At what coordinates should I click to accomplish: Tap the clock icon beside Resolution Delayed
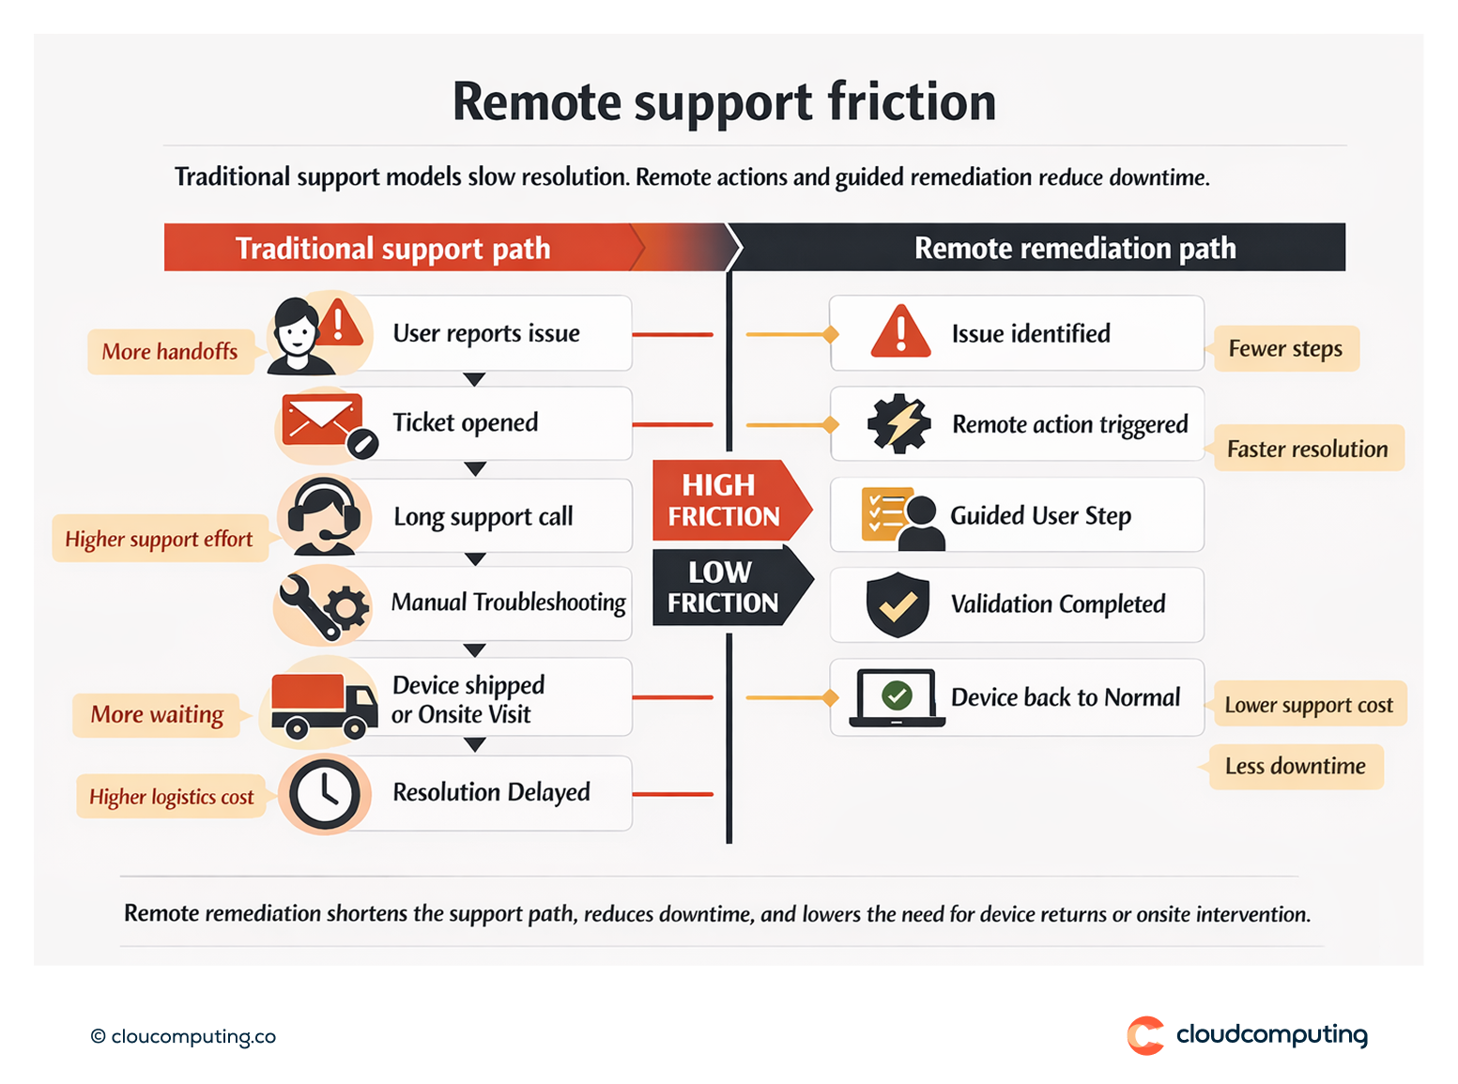coord(324,794)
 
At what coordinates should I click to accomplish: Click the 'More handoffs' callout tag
coord(170,352)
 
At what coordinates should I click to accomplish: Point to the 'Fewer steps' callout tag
coord(1285,349)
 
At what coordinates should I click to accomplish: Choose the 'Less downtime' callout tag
coord(1295,767)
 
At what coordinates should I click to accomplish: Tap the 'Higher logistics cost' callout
coord(172,797)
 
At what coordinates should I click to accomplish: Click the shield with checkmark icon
coord(898,604)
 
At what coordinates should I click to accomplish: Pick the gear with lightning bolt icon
coord(898,424)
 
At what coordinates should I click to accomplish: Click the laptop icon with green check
coord(897,698)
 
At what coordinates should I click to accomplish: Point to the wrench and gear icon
coord(324,604)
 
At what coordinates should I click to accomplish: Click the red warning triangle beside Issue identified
coord(900,332)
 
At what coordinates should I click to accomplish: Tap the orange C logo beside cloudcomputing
coord(1145,1035)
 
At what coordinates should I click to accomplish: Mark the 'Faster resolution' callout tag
coord(1307,449)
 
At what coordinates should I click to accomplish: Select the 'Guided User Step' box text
coord(1040,515)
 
